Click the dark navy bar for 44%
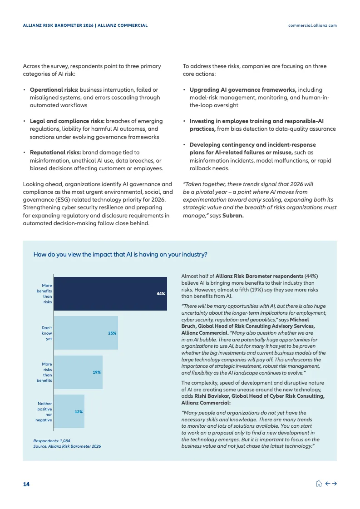point(110,294)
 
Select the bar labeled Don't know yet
point(86,333)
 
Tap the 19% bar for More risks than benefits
point(78,372)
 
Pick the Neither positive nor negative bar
point(69,411)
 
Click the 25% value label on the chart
point(112,333)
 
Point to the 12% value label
point(79,412)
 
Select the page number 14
point(26,484)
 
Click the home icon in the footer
point(319,484)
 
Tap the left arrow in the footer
point(327,484)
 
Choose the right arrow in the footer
point(334,484)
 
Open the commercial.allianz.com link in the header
point(312,25)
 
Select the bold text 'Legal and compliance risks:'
point(67,121)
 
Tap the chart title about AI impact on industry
point(120,255)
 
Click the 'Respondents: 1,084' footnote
point(52,440)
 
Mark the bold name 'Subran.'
point(233,215)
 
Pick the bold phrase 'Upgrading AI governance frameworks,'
point(243,90)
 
